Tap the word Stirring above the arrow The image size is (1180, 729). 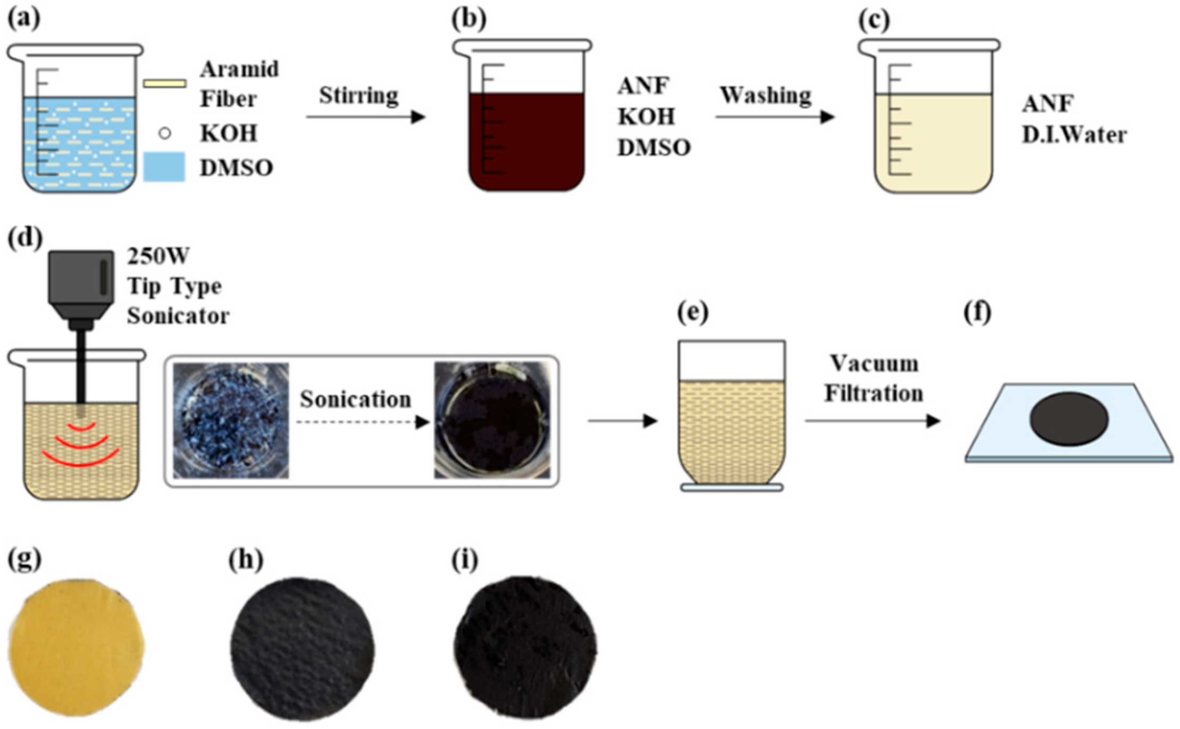(x=358, y=96)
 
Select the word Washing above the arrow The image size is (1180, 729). (x=766, y=96)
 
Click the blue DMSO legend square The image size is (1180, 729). (x=164, y=167)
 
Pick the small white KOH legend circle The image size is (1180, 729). (x=165, y=133)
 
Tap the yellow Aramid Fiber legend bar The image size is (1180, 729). (x=165, y=83)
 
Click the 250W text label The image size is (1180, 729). (x=158, y=256)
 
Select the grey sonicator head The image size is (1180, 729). (x=81, y=282)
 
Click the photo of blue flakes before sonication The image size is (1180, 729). (x=231, y=421)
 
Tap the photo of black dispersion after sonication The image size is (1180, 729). (x=492, y=421)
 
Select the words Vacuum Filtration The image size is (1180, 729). (x=874, y=379)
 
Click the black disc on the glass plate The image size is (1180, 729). (x=1069, y=419)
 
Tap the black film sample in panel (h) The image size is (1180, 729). (x=302, y=649)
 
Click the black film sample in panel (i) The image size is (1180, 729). (x=525, y=647)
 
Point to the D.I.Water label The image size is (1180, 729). (x=1074, y=135)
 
